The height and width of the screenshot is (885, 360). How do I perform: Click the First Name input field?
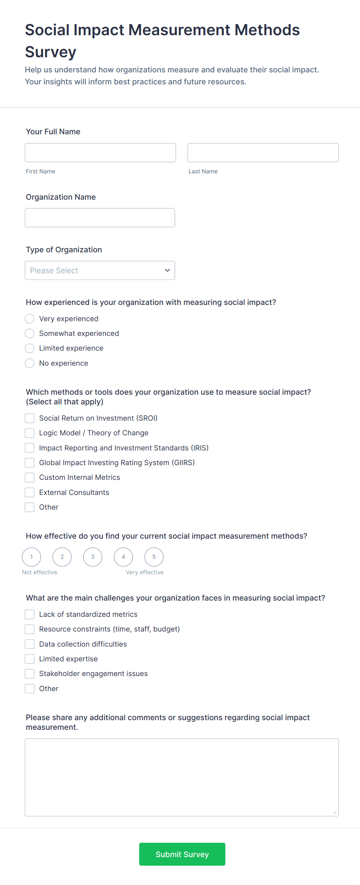click(100, 152)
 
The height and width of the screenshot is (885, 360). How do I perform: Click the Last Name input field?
click(263, 152)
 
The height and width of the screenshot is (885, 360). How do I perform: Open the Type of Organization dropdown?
click(100, 270)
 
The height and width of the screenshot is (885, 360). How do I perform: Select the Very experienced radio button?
click(30, 318)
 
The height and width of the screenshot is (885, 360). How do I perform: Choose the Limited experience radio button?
click(30, 348)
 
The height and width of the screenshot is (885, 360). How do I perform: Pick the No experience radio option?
click(30, 363)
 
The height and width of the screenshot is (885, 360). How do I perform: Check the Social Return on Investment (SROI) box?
click(30, 418)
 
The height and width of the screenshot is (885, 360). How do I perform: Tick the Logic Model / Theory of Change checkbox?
click(30, 433)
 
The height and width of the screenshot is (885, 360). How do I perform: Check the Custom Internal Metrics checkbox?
click(30, 478)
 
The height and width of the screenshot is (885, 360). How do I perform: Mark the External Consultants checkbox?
click(30, 492)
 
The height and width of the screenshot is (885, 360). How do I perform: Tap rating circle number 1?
click(31, 557)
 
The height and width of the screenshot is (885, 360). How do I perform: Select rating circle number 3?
click(93, 557)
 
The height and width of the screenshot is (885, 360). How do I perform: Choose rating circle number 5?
click(154, 557)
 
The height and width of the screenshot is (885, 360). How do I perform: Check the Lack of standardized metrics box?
click(30, 614)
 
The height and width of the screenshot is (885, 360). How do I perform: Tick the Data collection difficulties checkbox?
click(30, 644)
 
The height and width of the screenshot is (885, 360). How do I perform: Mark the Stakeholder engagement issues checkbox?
click(30, 674)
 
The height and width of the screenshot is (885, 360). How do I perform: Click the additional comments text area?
click(182, 777)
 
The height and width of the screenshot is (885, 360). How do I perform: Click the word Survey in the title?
click(51, 52)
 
